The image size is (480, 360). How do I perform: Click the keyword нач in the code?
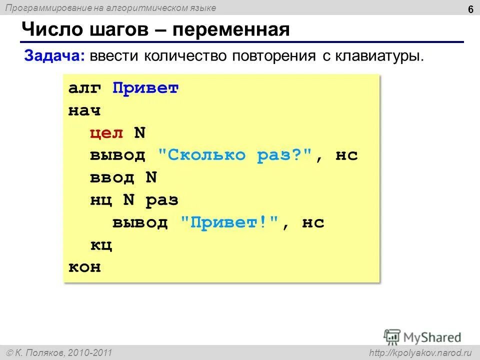[x=84, y=111]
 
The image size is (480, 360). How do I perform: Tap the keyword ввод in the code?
[x=112, y=177]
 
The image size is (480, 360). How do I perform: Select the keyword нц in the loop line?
[x=101, y=200]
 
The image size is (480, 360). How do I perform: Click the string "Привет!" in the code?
[x=229, y=222]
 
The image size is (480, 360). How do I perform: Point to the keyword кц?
[x=101, y=245]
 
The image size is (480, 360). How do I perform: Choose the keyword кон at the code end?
[x=84, y=267]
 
